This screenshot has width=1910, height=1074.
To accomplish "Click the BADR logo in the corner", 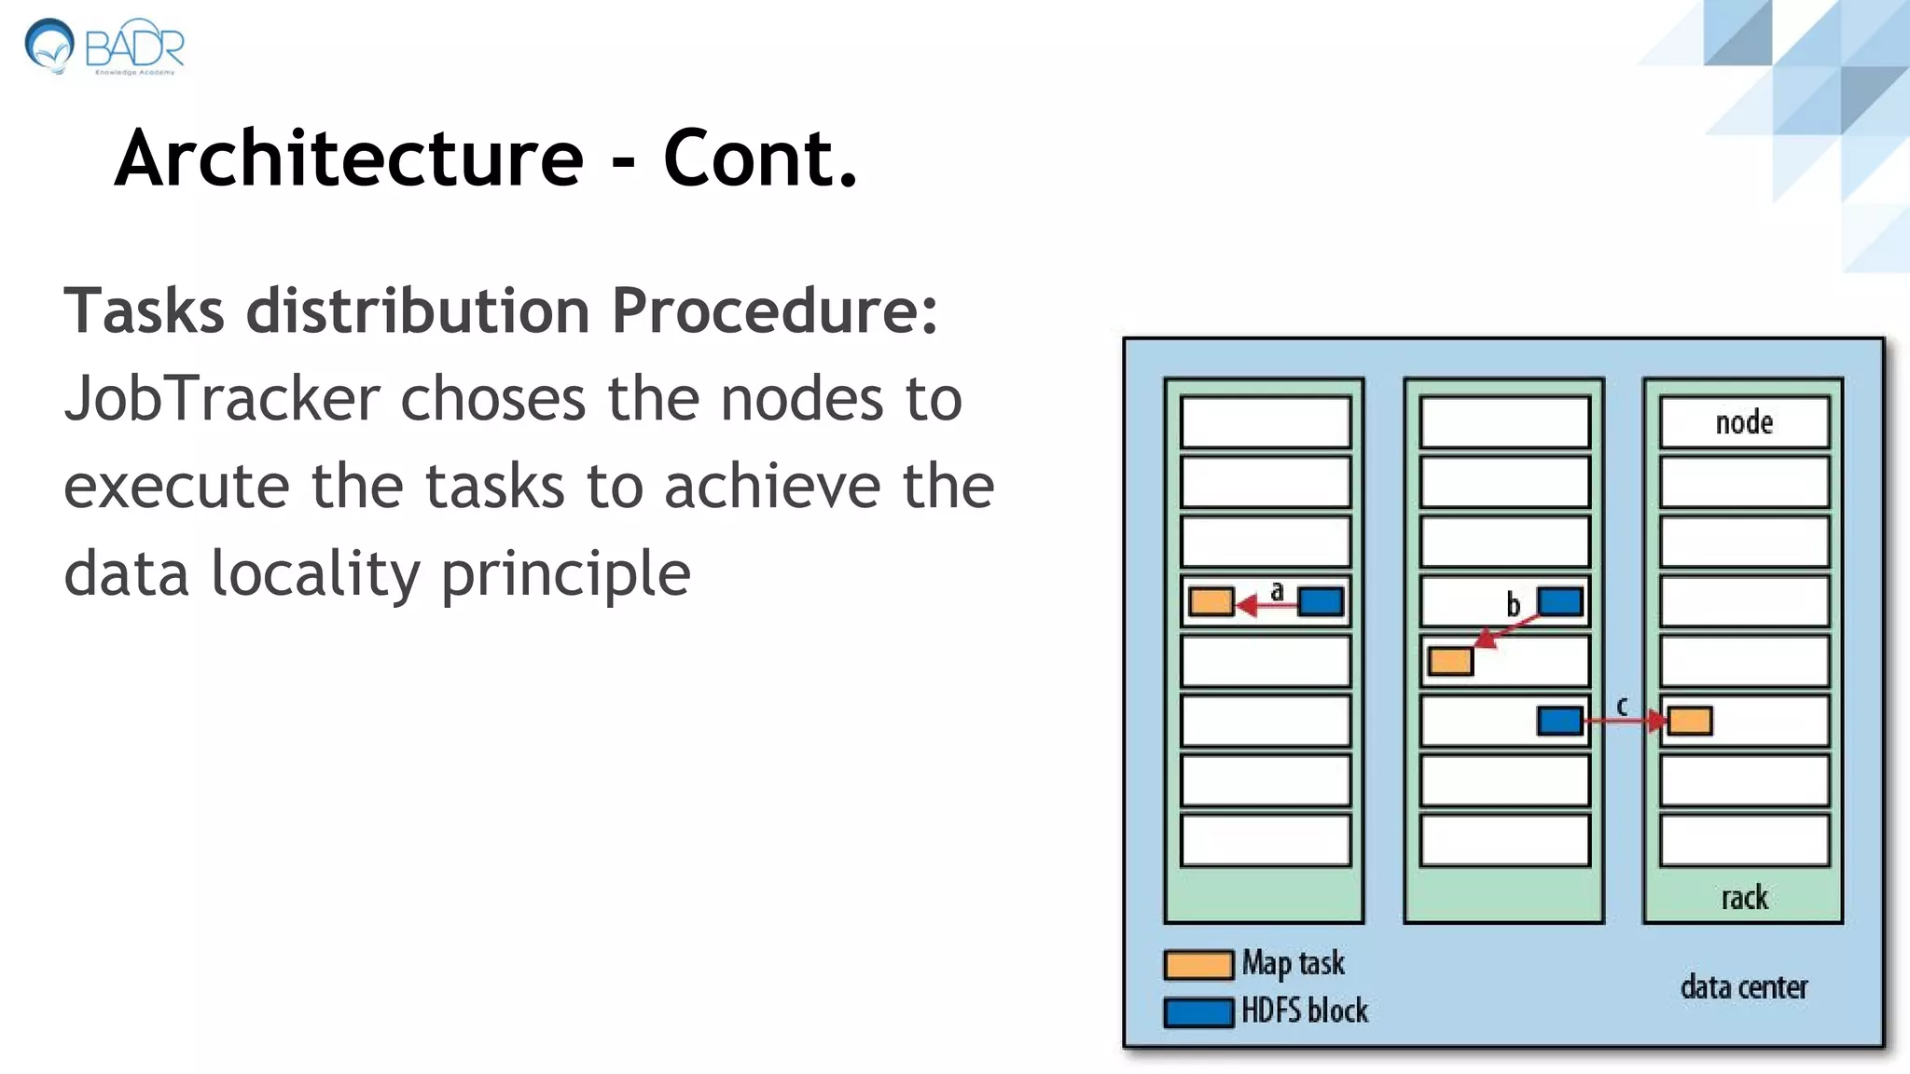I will (104, 46).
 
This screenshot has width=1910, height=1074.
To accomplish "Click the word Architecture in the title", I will (349, 158).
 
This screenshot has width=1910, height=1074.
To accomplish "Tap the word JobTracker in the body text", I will (222, 399).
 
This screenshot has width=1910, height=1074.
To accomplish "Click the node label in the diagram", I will (1744, 422).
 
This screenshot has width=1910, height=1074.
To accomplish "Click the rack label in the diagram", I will (1744, 898).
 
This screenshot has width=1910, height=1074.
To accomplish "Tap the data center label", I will (1743, 986).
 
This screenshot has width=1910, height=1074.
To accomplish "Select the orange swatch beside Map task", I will (1198, 964).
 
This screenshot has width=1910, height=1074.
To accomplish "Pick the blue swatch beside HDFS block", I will (1198, 1012).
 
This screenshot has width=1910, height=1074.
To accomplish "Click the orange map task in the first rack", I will (1211, 601).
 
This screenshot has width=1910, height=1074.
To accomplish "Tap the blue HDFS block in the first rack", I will (1321, 601).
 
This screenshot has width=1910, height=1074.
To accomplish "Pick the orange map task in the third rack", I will (1690, 721).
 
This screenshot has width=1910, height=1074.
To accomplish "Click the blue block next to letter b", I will (1560, 601).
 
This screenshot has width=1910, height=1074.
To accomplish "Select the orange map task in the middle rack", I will (1450, 661).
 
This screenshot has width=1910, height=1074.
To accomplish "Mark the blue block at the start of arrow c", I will (1560, 721).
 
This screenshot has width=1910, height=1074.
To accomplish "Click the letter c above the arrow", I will (1622, 706).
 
